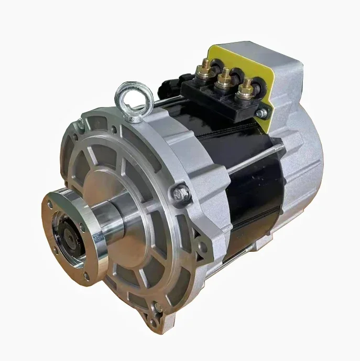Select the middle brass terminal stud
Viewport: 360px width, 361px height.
click(x=224, y=77)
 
